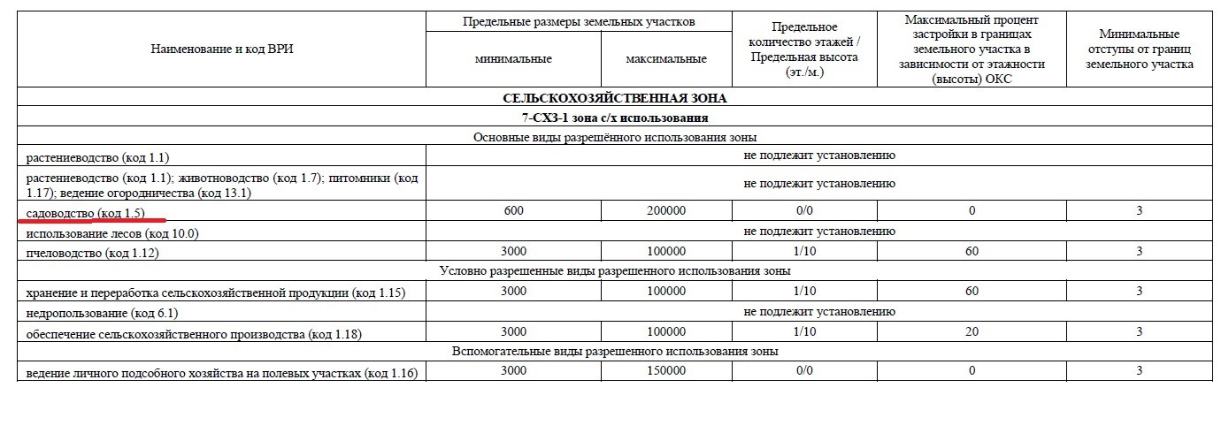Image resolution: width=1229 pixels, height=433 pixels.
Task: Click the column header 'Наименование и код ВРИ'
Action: coord(221,49)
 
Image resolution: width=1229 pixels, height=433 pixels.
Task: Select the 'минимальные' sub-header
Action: coord(512,59)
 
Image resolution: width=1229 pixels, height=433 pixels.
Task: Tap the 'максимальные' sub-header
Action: coord(665,59)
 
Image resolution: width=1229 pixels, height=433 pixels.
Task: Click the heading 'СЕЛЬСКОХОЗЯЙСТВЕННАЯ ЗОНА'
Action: coord(614,98)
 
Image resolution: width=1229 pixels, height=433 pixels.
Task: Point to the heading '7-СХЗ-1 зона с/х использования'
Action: coord(614,118)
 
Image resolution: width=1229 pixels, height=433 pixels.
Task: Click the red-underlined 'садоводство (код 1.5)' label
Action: coord(85,212)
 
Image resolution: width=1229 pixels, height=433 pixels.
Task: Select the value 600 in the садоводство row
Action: coord(512,211)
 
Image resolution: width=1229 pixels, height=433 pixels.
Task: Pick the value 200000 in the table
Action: coord(665,211)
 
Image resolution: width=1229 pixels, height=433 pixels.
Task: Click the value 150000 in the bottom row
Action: coord(665,371)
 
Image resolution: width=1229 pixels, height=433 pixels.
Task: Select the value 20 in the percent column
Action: coord(971,331)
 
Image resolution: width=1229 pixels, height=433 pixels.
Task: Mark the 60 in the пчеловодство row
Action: coord(971,251)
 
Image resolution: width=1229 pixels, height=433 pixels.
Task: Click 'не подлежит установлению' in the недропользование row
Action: coord(819,311)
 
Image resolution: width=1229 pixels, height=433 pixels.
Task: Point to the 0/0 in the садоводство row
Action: coord(803,211)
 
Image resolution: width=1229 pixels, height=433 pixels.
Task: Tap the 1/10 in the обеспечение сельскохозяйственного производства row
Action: coord(803,331)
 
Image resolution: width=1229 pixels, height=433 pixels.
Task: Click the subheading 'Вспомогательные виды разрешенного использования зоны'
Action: coord(614,351)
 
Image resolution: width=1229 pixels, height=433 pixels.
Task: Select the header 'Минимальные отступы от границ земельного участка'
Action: coord(1139,49)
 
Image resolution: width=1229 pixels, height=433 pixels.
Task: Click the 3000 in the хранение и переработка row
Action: coord(512,291)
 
